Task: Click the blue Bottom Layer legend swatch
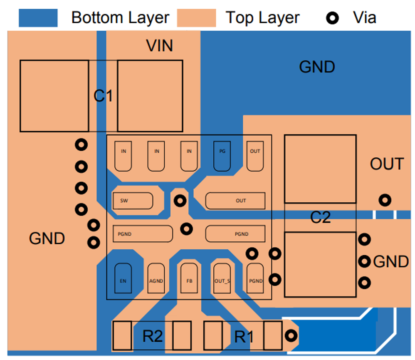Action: click(x=38, y=17)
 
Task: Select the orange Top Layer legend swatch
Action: click(x=196, y=17)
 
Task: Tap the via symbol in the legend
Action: click(x=333, y=18)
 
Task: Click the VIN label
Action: click(x=160, y=45)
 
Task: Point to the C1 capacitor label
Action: click(x=103, y=96)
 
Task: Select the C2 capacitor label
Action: click(x=321, y=217)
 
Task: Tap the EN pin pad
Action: click(x=123, y=278)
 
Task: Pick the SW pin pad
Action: click(x=133, y=201)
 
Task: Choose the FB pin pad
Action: click(x=189, y=278)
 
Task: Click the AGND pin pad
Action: click(x=156, y=278)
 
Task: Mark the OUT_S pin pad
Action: click(x=222, y=278)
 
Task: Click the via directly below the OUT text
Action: click(x=385, y=201)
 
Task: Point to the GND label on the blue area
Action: click(x=317, y=67)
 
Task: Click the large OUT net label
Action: click(x=387, y=164)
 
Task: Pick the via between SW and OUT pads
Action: click(x=180, y=201)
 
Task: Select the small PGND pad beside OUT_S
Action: click(x=255, y=278)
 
